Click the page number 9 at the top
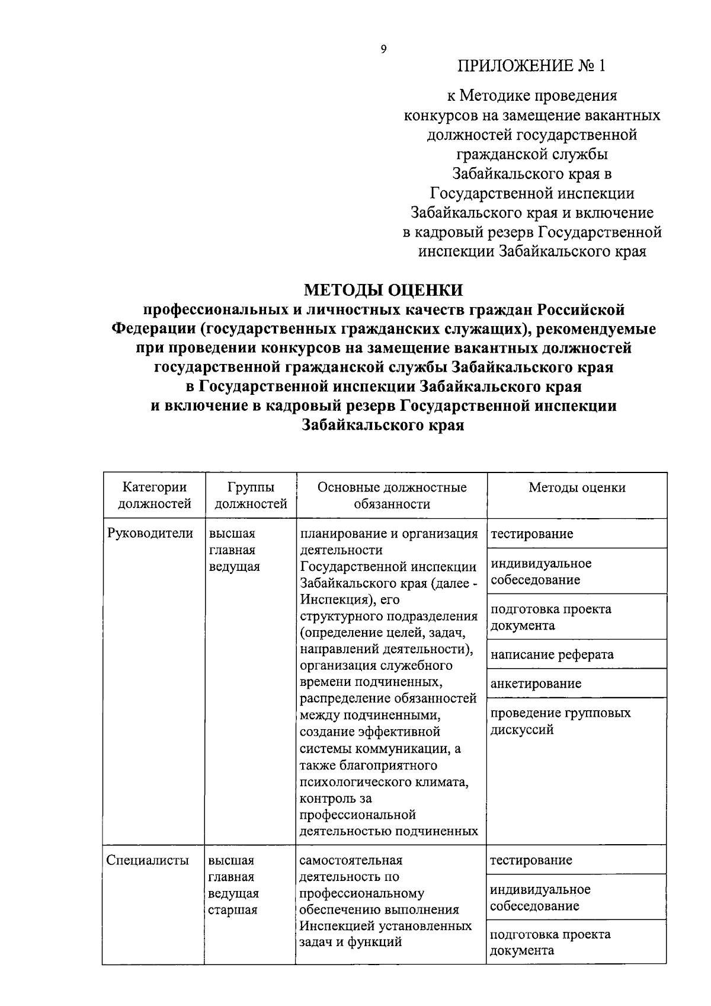[x=383, y=49]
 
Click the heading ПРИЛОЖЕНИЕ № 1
[x=531, y=65]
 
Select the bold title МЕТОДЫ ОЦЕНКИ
[x=383, y=290]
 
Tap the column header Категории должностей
[x=154, y=496]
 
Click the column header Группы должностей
[x=250, y=496]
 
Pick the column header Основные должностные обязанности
[x=392, y=496]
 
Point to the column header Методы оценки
[x=577, y=488]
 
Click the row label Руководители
[x=150, y=533]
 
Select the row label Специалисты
[x=148, y=860]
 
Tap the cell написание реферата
[x=552, y=654]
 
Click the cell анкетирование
[x=536, y=684]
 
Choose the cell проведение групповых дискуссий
[x=560, y=721]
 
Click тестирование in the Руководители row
[x=531, y=534]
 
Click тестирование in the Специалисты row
[x=531, y=860]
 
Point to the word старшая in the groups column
[x=232, y=910]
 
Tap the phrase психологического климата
[x=383, y=782]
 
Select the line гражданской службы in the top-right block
[x=531, y=154]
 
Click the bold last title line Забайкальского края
[x=383, y=425]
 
